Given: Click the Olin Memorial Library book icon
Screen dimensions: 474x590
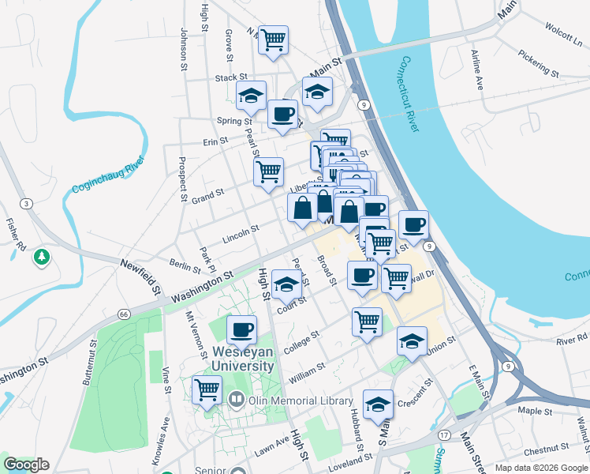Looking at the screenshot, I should tap(236, 401).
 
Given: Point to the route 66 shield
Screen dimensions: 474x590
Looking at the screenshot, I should tap(124, 314).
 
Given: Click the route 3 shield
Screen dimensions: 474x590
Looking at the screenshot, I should tap(26, 203).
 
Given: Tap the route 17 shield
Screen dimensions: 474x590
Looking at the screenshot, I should tap(445, 435).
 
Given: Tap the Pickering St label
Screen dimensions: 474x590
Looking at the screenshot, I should tap(539, 64).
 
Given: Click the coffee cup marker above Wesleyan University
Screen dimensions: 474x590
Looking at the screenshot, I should tap(241, 329).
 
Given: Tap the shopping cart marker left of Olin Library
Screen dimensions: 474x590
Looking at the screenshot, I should tap(207, 389).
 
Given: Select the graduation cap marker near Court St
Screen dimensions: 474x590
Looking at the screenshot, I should tap(286, 283).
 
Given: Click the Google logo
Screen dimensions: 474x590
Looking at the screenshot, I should tap(26, 465).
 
